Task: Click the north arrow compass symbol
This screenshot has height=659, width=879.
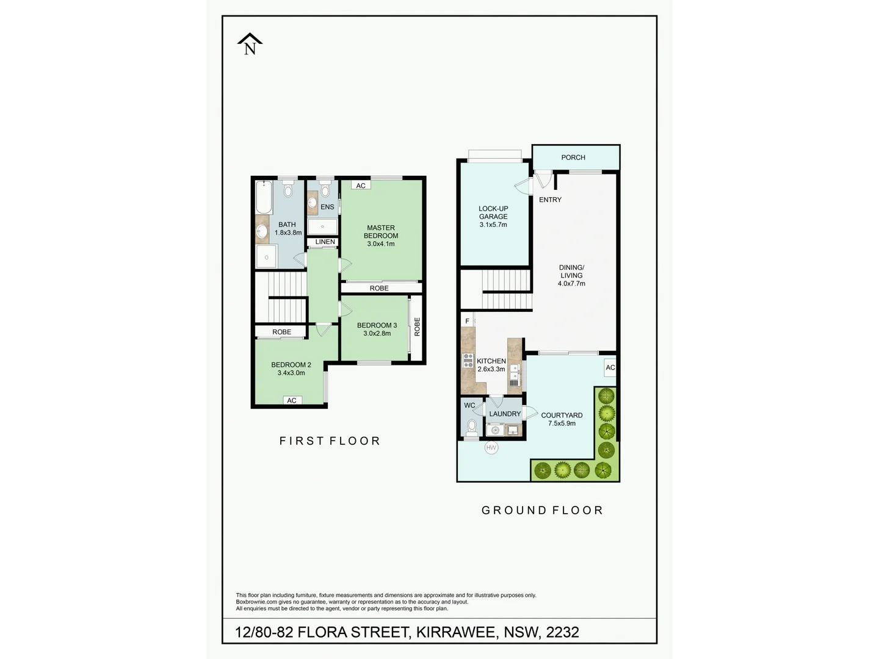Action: (250, 45)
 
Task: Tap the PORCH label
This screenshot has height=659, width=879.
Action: (573, 157)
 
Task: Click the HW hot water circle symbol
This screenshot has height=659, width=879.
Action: (491, 448)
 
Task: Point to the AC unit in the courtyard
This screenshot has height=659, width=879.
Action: (610, 367)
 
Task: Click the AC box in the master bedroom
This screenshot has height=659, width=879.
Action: (361, 185)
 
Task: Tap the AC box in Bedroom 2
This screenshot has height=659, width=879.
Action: (292, 400)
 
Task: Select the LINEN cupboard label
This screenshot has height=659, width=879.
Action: (325, 242)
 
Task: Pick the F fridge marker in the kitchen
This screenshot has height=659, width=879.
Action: (468, 321)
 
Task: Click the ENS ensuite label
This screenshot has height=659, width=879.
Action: (327, 207)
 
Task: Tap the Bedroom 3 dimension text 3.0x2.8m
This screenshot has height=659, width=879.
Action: (377, 333)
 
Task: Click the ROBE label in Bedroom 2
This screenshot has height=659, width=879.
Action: (281, 332)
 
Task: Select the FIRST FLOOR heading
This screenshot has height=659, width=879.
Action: (330, 441)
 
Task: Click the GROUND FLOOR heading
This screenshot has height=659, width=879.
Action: (542, 510)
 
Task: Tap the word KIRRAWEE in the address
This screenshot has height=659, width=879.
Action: (455, 632)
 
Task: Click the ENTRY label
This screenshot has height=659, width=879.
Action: (550, 200)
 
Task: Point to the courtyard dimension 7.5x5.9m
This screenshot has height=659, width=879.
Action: (562, 423)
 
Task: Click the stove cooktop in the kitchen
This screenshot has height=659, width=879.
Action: (468, 360)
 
